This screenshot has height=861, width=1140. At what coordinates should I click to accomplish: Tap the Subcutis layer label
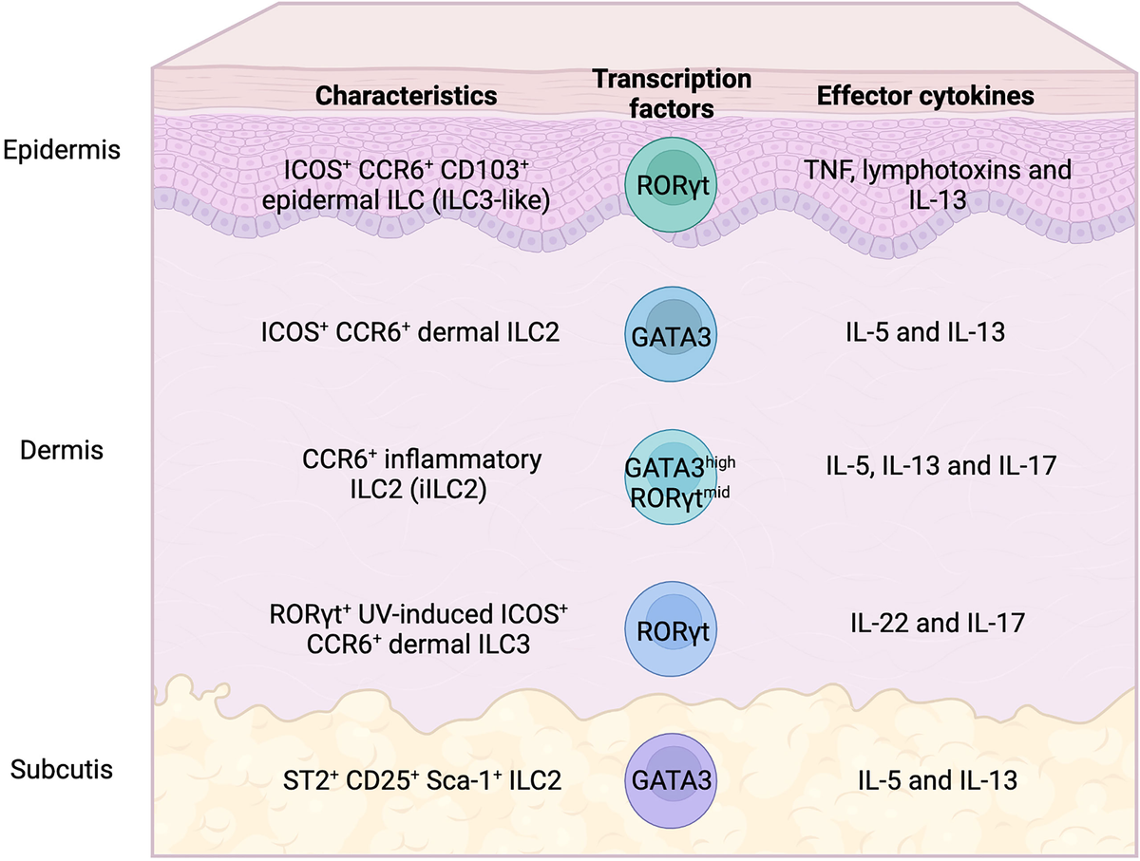(x=63, y=768)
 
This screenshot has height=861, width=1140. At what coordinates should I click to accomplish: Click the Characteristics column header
(x=407, y=96)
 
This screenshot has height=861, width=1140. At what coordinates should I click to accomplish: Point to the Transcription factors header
(x=672, y=93)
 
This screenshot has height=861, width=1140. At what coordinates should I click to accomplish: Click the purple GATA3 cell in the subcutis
(x=672, y=781)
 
